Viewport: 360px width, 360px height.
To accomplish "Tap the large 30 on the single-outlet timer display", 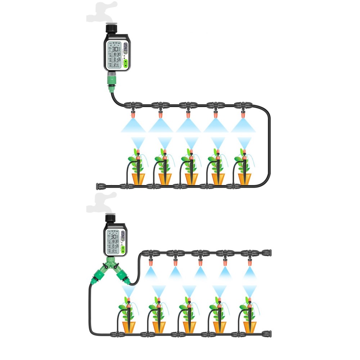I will tap(115, 49).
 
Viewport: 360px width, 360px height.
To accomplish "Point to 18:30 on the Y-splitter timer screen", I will tap(115, 242).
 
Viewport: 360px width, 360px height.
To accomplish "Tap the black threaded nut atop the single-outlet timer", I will tap(111, 28).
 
